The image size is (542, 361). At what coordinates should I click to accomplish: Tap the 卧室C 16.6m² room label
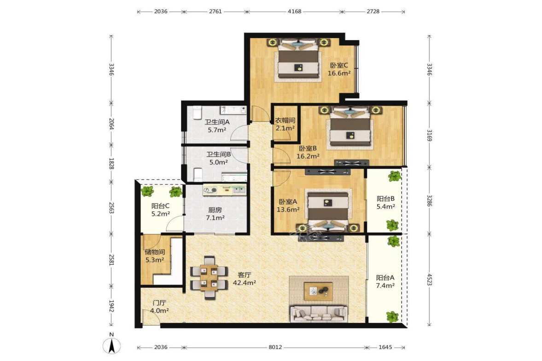(x=339, y=69)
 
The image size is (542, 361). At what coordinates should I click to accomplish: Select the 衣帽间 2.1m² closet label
(x=285, y=124)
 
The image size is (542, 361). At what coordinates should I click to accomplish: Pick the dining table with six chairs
(x=209, y=277)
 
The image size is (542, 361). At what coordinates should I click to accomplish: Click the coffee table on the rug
(x=318, y=291)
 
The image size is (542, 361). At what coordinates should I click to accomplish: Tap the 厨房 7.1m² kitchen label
(x=215, y=214)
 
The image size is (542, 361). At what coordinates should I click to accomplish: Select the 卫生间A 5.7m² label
(x=217, y=126)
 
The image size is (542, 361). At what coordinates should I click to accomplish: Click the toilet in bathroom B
(x=198, y=175)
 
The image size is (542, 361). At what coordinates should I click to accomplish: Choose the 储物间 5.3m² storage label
(x=155, y=256)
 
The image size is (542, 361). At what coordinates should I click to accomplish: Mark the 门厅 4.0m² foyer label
(x=159, y=307)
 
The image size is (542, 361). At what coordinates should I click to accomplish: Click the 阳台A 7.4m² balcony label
(x=385, y=281)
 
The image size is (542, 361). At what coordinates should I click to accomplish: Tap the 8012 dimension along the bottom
(x=275, y=347)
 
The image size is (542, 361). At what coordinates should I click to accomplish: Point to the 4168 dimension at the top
(x=295, y=11)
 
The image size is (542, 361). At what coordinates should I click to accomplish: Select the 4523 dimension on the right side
(x=429, y=280)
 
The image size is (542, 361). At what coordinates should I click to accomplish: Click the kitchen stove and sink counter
(x=225, y=190)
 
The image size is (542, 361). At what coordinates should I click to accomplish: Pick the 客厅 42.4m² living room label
(x=245, y=279)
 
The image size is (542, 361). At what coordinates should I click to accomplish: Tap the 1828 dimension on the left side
(x=111, y=163)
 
